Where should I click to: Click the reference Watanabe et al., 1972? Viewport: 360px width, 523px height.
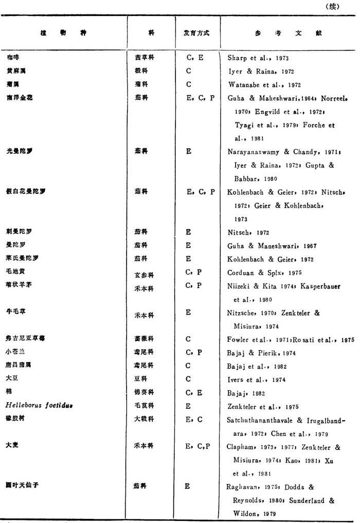pos(264,84)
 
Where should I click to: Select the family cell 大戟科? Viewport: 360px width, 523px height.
pos(143,420)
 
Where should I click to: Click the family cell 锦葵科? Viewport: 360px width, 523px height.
pos(143,393)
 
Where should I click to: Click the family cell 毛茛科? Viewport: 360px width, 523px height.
pos(143,406)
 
